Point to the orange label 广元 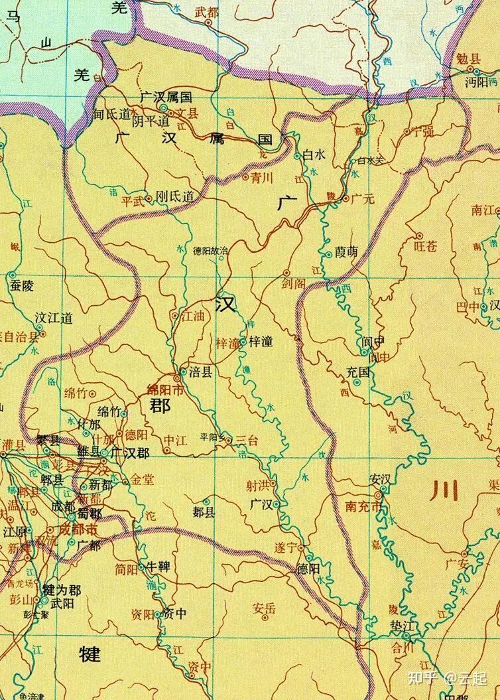[x=363, y=198]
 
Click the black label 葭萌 [x=346, y=252]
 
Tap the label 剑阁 [x=293, y=283]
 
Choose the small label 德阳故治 [x=210, y=251]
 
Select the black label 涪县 [x=202, y=373]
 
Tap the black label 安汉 [x=382, y=480]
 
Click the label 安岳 [x=264, y=607]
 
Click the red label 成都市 [x=78, y=529]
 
